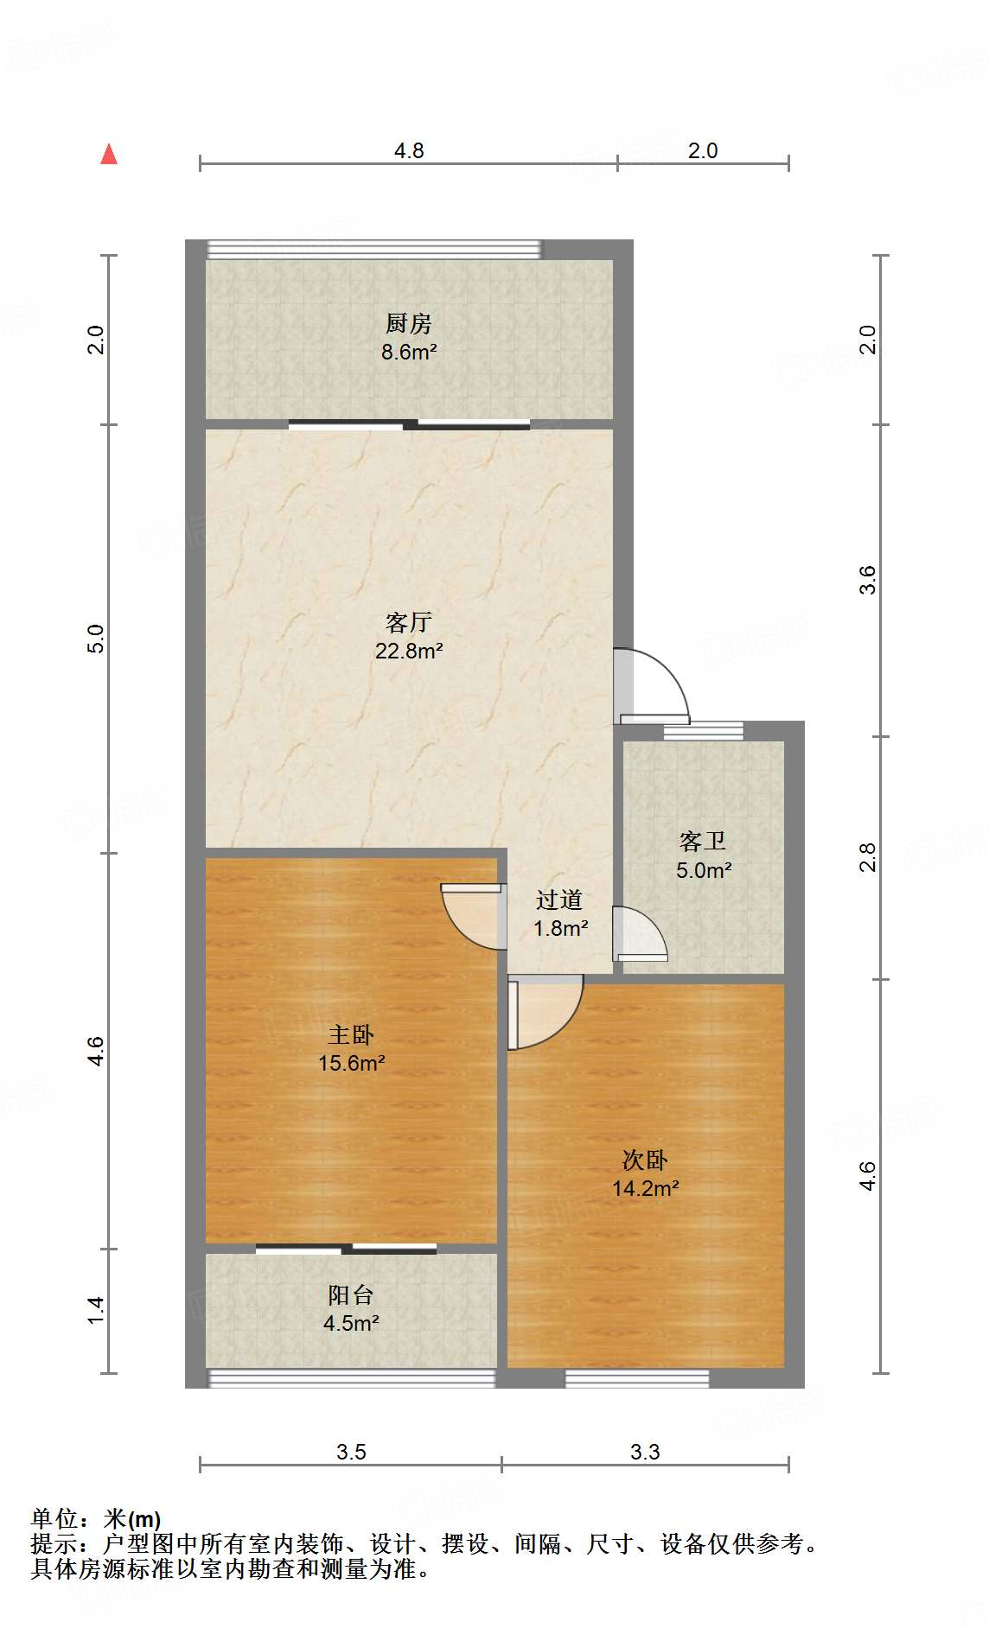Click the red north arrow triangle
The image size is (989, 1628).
[x=109, y=155]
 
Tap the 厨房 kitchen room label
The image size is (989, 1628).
[x=409, y=324]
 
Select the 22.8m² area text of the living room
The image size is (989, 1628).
[x=409, y=651]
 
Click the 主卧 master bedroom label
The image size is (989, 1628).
[x=351, y=1034]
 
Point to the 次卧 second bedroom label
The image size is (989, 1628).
[x=645, y=1160]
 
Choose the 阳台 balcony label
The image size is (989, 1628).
[x=351, y=1294]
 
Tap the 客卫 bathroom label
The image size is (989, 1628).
[x=703, y=841]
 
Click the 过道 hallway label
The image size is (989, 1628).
[x=559, y=900]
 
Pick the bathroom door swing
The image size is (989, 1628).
[x=640, y=933]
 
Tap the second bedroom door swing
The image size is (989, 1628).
[x=545, y=1012]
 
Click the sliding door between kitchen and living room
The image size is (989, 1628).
[x=409, y=424]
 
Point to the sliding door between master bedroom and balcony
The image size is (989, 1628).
[x=346, y=1249]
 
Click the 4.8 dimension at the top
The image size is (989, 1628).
[x=409, y=150]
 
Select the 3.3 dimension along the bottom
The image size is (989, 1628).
[x=645, y=1452]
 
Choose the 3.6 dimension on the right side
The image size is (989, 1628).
[x=867, y=580]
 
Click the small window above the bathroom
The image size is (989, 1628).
[x=704, y=731]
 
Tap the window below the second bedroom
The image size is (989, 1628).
[x=637, y=1378]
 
